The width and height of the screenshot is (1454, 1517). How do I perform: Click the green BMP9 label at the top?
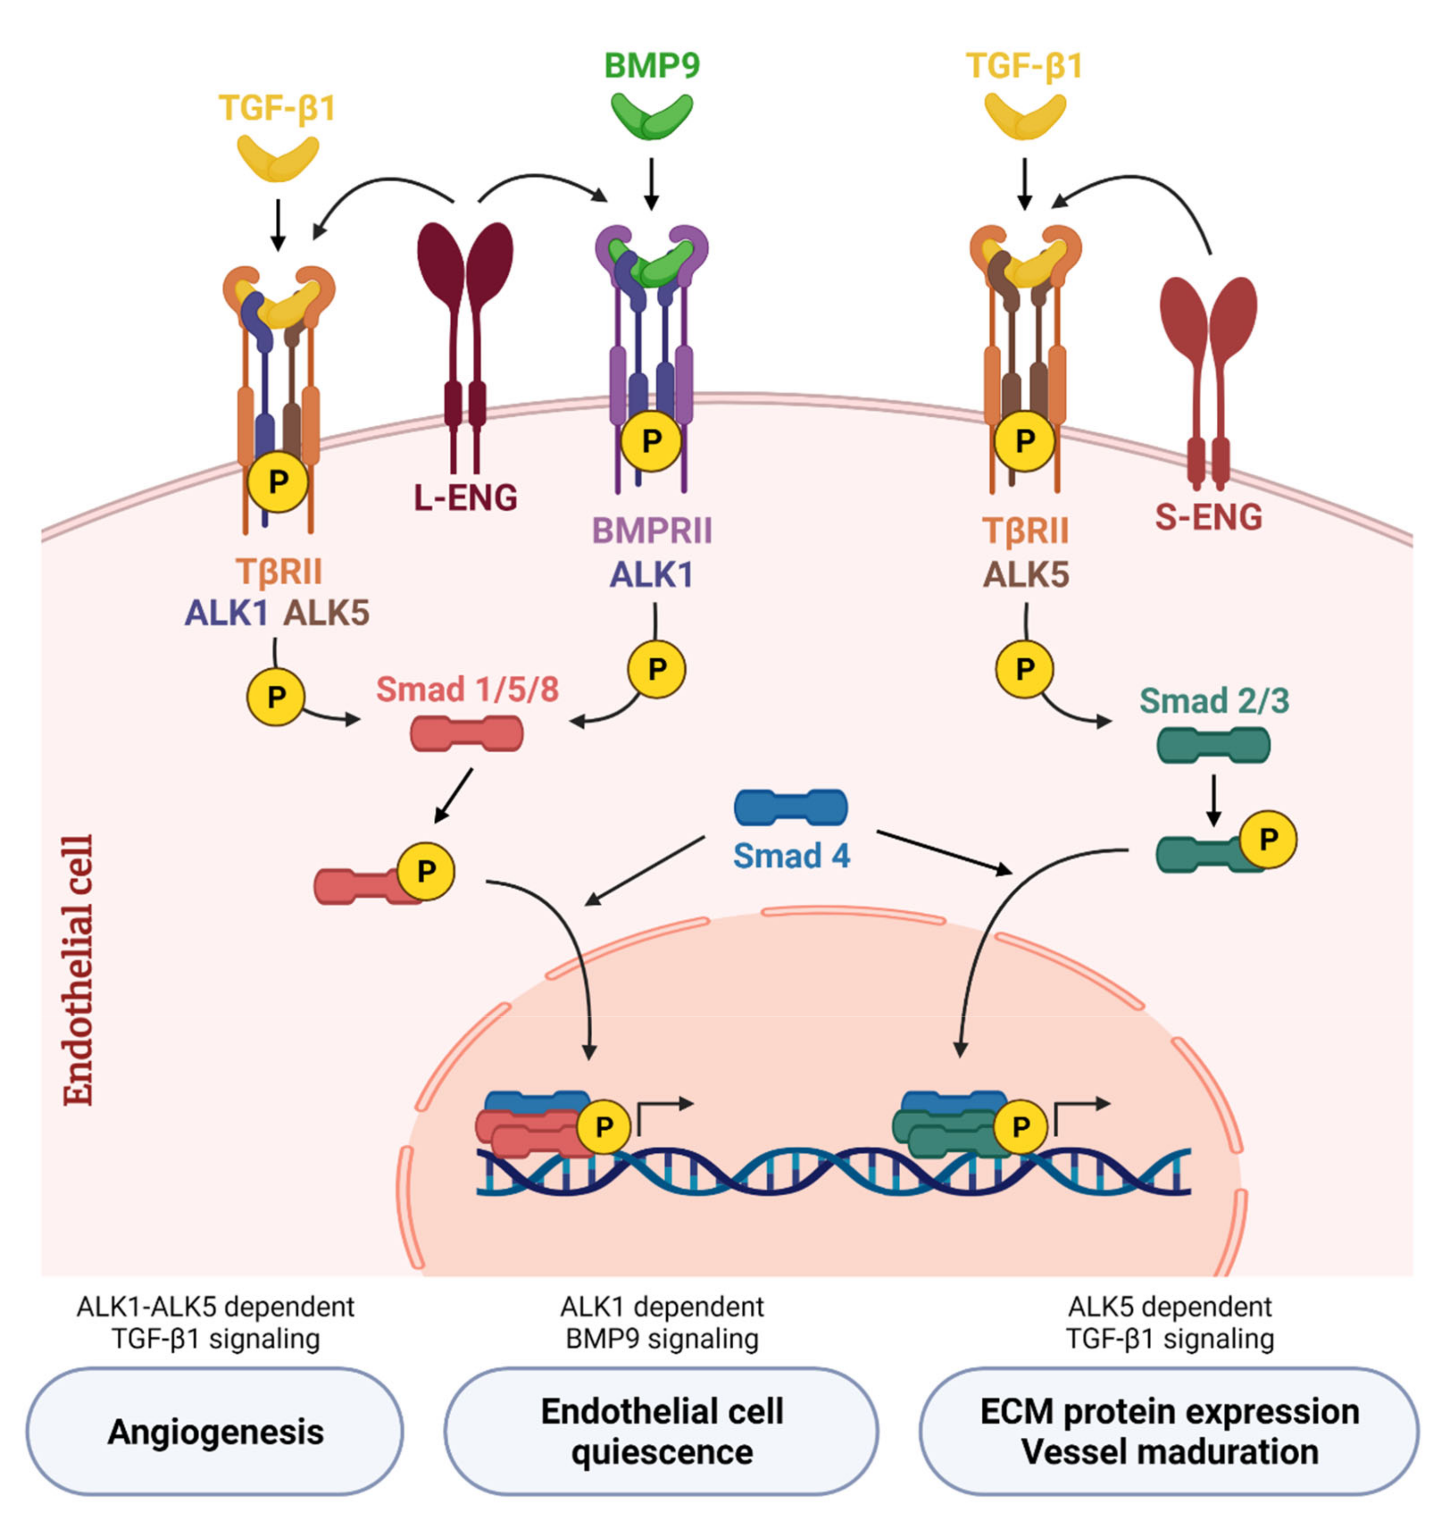(x=652, y=65)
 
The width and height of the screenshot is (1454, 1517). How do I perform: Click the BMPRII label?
(x=652, y=531)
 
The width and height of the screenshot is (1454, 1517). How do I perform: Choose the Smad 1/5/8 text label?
(x=466, y=689)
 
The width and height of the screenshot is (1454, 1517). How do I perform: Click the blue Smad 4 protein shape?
(x=790, y=807)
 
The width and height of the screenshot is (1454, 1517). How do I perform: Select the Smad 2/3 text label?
(x=1213, y=701)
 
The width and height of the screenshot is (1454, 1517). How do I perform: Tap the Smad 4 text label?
(x=791, y=856)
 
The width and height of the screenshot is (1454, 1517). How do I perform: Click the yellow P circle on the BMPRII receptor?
(x=652, y=441)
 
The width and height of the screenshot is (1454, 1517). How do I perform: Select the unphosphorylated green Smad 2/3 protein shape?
(x=1212, y=745)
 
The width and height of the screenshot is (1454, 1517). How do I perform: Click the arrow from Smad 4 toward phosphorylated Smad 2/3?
(x=944, y=852)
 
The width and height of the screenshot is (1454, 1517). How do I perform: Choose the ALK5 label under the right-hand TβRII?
(x=1025, y=575)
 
